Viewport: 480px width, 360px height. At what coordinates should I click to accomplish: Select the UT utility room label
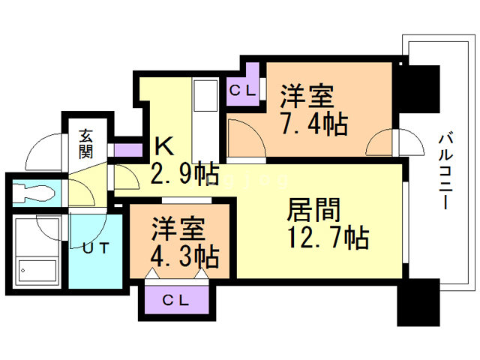[94, 247]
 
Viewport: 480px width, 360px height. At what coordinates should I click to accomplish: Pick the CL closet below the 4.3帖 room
[175, 300]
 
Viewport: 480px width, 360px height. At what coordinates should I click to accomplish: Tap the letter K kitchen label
[163, 145]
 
